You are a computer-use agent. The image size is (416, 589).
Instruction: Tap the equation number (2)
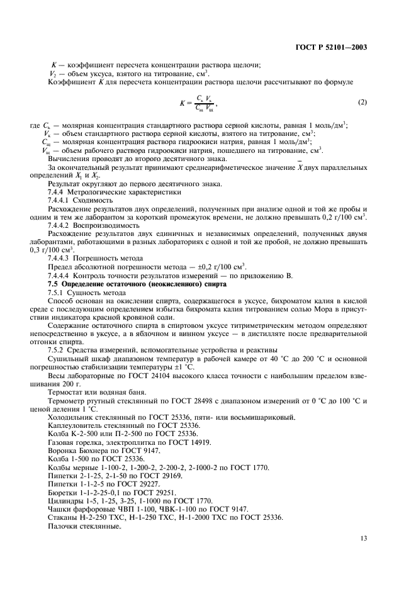[x=362, y=102]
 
